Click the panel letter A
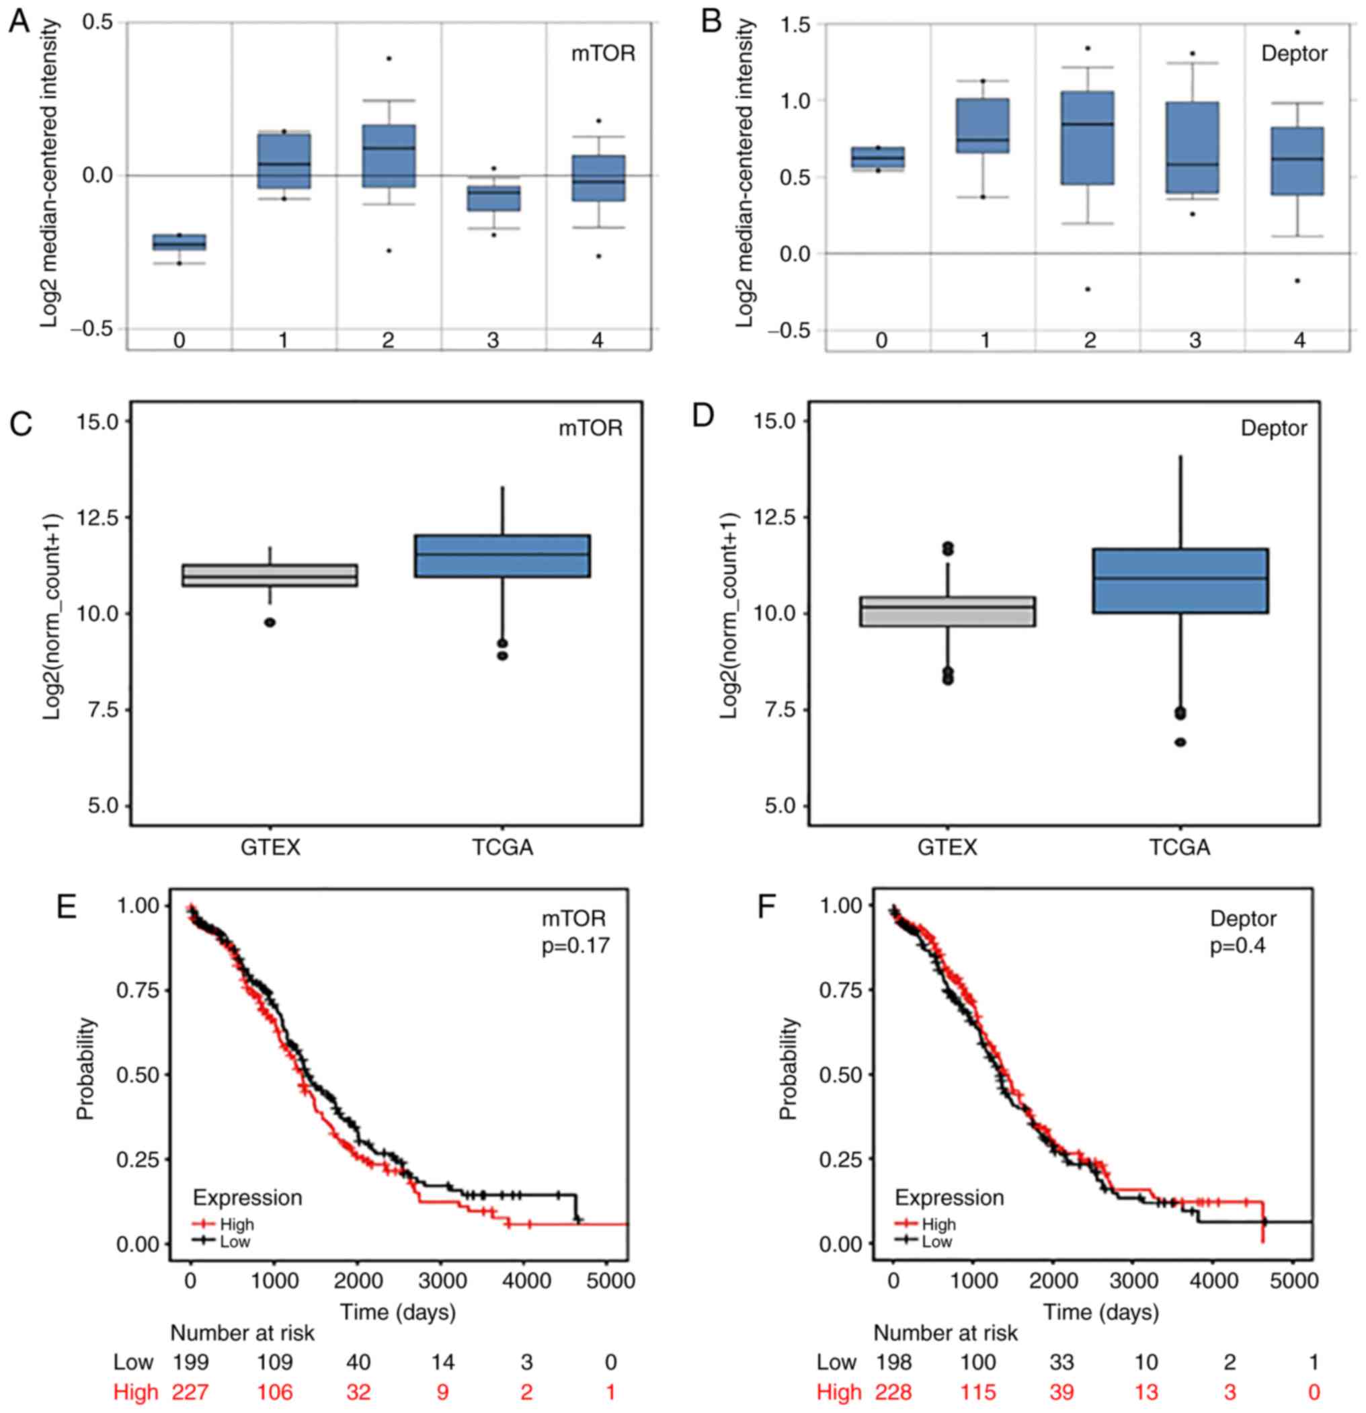(19, 22)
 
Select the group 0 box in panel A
(179, 242)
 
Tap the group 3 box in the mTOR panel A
(493, 198)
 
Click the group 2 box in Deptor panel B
(1088, 138)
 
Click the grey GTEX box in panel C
(270, 575)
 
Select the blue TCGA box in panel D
(1180, 580)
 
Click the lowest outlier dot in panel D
(1180, 742)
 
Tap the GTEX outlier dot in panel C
(270, 622)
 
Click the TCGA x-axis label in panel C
(502, 846)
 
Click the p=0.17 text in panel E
(575, 945)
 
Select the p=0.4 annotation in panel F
(1237, 945)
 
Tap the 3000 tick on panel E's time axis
(442, 1281)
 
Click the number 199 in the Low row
(190, 1362)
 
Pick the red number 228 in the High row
(894, 1391)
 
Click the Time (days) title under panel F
(1100, 1311)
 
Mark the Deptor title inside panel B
(1294, 54)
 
